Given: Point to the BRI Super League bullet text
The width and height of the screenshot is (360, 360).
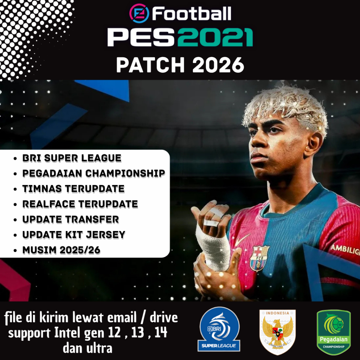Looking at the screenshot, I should pyautogui.click(x=72, y=158).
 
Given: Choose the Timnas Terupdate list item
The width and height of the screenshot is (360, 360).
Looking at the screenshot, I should pyautogui.click(x=73, y=189).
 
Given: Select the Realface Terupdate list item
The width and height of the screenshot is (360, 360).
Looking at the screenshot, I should pyautogui.click(x=80, y=204).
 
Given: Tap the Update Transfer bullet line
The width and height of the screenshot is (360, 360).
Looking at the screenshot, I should pyautogui.click(x=70, y=219).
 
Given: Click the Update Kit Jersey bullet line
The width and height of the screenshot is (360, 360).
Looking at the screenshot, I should pyautogui.click(x=73, y=234).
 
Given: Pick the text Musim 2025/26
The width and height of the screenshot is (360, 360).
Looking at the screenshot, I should pyautogui.click(x=61, y=250).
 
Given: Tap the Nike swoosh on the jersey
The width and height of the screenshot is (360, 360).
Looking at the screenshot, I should pyautogui.click(x=242, y=239).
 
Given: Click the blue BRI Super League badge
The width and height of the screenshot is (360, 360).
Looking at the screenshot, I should pyautogui.click(x=219, y=329).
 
